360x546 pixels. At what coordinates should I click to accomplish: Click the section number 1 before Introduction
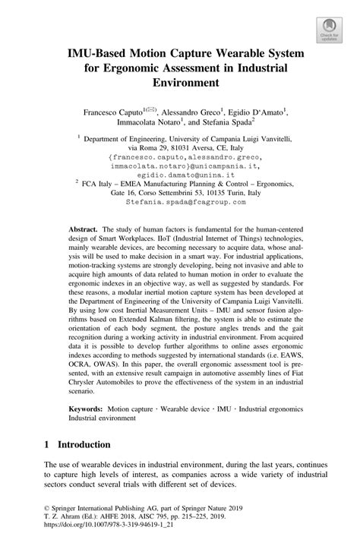click(x=47, y=443)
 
